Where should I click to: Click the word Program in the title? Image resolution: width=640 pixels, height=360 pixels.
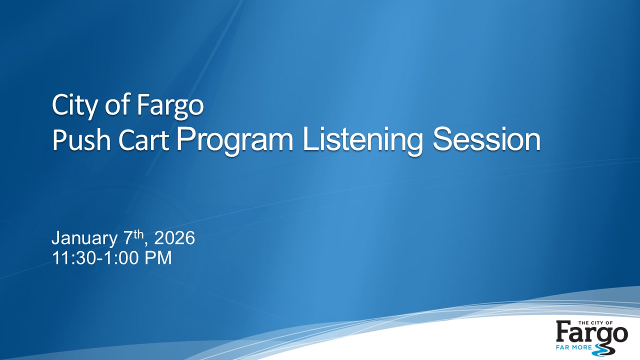235,141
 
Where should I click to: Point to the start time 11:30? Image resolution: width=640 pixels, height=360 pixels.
71,258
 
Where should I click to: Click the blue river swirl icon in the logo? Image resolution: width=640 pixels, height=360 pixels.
602,347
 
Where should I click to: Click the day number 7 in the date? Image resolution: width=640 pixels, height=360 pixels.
127,239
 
